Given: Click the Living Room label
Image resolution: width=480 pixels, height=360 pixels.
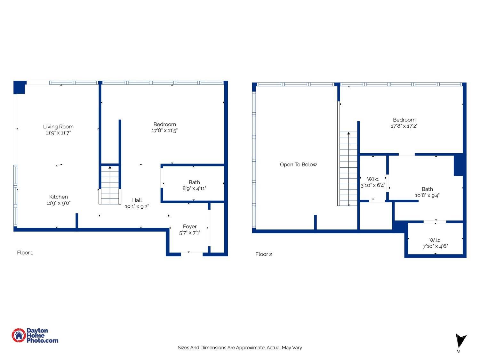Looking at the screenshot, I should (58, 127).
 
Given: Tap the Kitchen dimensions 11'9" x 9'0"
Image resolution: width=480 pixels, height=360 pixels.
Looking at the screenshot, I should (58, 203).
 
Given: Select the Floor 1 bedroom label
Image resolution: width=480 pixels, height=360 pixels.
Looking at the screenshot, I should (164, 124).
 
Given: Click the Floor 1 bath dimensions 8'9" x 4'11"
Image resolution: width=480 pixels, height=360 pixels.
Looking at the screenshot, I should (194, 188).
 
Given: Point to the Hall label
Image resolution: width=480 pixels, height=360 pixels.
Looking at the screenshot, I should (137, 200).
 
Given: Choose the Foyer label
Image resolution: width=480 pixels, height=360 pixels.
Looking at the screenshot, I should (190, 227).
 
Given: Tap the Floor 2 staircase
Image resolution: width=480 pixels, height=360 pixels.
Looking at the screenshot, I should (348, 170).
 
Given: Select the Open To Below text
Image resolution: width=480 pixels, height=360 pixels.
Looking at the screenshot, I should (298, 164).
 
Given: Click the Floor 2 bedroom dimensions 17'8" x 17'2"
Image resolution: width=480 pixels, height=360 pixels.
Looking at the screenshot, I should (404, 126).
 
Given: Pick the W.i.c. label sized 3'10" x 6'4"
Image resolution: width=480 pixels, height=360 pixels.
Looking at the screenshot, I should (373, 179).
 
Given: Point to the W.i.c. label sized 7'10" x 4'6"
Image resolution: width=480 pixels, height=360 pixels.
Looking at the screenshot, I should (435, 240).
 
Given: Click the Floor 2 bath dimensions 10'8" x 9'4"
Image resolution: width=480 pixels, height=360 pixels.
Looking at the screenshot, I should (427, 195).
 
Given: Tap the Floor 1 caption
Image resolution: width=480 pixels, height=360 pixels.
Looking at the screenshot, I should (25, 253).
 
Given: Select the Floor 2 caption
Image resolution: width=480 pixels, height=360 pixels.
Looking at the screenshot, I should (264, 254).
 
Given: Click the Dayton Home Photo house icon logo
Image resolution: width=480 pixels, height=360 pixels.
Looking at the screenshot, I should (19, 335).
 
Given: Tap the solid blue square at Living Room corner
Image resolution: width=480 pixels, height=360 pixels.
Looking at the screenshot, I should (19, 87).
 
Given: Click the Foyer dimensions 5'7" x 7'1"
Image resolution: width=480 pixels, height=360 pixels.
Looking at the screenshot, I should (190, 233).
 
